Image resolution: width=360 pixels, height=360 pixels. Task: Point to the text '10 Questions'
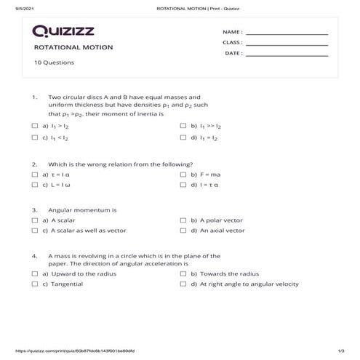(x=53, y=63)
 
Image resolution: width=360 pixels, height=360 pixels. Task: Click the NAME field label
(x=233, y=33)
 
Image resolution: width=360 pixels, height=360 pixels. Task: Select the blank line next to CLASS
(x=287, y=43)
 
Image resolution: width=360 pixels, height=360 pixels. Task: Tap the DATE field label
(x=233, y=53)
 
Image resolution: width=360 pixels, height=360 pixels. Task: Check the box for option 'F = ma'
(x=183, y=175)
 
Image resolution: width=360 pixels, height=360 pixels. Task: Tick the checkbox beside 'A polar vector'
(x=183, y=220)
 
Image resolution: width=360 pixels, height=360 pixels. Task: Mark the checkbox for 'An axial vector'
(x=183, y=231)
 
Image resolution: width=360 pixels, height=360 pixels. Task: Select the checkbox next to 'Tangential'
(x=35, y=284)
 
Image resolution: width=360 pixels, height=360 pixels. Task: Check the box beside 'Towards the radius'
(x=183, y=273)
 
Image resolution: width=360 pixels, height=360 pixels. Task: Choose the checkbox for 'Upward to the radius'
(x=35, y=273)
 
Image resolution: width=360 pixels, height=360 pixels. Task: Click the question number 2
(x=34, y=164)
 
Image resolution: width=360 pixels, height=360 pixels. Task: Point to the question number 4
(x=34, y=256)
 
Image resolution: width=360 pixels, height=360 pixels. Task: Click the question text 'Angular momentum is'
(x=82, y=209)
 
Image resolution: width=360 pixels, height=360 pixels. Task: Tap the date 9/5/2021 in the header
(x=15, y=8)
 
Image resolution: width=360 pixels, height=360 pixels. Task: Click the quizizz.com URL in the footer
(x=65, y=351)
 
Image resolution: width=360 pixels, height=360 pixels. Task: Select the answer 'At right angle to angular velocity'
(x=249, y=284)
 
